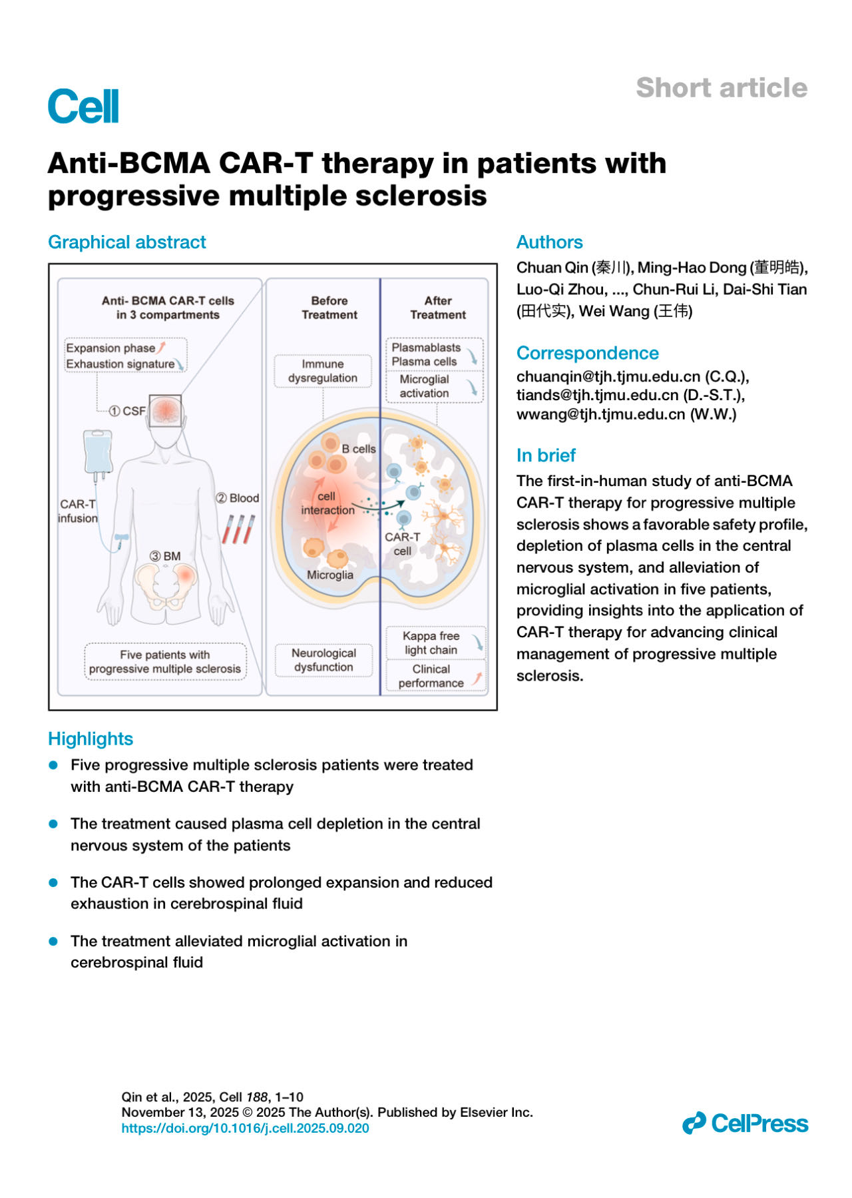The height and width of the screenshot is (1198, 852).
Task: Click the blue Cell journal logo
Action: [83, 107]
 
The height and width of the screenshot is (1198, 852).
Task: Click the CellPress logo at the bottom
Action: [745, 1123]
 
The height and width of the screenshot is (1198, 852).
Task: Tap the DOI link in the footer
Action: [245, 1128]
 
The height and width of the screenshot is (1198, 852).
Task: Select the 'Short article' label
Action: [721, 88]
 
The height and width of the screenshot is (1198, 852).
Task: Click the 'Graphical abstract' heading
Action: [127, 242]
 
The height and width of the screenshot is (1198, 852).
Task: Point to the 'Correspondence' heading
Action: [587, 353]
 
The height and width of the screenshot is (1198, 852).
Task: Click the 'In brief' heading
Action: [546, 455]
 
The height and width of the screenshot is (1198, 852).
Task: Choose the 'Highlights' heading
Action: [91, 739]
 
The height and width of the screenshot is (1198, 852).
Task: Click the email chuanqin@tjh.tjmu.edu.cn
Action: [608, 376]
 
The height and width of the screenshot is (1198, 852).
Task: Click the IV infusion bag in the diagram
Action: [98, 453]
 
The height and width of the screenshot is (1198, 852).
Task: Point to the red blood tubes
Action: [238, 529]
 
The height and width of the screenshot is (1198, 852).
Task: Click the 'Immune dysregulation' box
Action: [323, 371]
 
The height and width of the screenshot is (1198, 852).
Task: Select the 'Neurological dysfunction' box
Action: [323, 660]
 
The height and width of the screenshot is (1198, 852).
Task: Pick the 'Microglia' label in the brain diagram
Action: [330, 575]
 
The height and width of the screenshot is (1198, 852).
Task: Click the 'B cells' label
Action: [358, 449]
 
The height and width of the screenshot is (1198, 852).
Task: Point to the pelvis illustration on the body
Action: [166, 583]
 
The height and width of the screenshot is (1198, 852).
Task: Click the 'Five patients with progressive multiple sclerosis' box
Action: [165, 662]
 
